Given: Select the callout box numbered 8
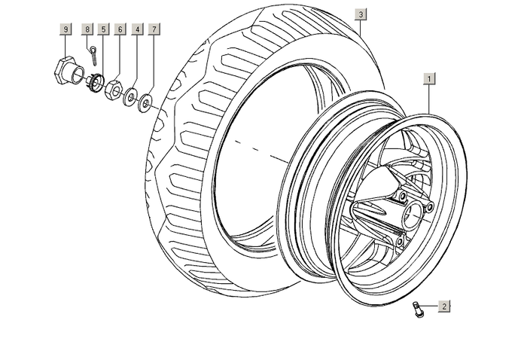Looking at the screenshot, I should click(x=87, y=29).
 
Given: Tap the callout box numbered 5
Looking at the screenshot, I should click(x=103, y=29).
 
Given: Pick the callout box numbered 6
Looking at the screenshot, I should click(x=120, y=29).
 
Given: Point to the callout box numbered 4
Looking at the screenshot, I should click(x=137, y=29).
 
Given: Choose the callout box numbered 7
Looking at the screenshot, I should click(x=154, y=29).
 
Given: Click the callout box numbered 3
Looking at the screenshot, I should click(x=361, y=14).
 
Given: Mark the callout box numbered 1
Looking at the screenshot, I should click(x=429, y=78).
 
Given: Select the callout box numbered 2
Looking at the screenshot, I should click(x=444, y=306).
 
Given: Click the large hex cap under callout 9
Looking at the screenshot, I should click(x=63, y=71).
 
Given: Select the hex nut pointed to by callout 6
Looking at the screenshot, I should click(x=114, y=88).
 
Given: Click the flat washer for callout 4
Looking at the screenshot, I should click(x=131, y=95).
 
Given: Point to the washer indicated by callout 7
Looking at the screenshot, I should click(x=145, y=99).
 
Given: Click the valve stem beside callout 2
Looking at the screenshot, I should click(x=418, y=308).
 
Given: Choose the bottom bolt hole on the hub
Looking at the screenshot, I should click(x=399, y=241).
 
